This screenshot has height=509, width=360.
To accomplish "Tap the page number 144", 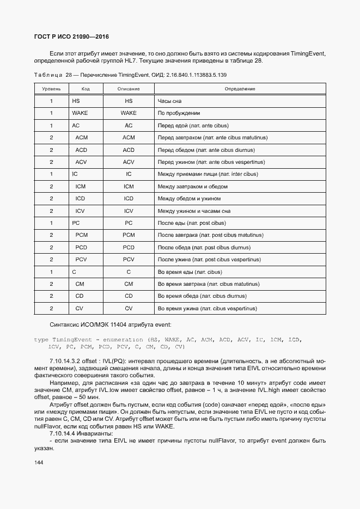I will (39, 462).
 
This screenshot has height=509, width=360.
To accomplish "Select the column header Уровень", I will (51, 89).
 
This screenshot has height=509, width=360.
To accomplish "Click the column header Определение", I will (240, 89).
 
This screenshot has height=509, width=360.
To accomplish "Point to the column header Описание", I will (129, 89).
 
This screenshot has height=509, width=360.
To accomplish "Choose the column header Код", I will (86, 89).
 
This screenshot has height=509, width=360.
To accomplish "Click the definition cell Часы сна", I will (169, 101).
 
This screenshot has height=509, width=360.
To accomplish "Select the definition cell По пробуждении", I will (179, 113).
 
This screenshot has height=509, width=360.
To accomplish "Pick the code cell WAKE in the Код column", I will (80, 113).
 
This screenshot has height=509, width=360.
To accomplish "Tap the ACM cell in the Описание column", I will (129, 138).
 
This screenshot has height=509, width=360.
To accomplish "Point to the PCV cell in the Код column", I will (82, 260).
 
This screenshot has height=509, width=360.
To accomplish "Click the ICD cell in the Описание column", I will (129, 199).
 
